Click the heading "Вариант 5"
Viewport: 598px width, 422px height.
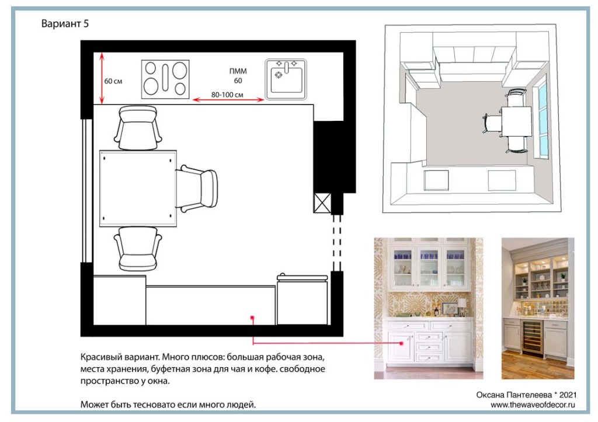pyautogui.click(x=65, y=23)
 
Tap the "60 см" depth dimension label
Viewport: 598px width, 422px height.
pyautogui.click(x=113, y=81)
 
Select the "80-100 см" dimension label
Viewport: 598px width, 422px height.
pyautogui.click(x=227, y=95)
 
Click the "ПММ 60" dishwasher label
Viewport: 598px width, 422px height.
pyautogui.click(x=238, y=75)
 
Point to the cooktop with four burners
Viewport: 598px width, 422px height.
pyautogui.click(x=165, y=79)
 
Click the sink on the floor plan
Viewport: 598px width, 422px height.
pyautogui.click(x=286, y=79)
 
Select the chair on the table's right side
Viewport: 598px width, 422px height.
pyautogui.click(x=197, y=189)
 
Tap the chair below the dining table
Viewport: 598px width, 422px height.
pyautogui.click(x=138, y=249)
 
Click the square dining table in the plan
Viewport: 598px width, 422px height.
pyautogui.click(x=138, y=189)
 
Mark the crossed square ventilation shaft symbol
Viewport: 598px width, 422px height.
pyautogui.click(x=322, y=203)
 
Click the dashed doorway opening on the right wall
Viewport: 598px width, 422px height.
pyautogui.click(x=337, y=242)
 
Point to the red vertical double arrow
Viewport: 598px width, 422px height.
pyautogui.click(x=102, y=79)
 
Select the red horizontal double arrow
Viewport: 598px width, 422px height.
pyautogui.click(x=228, y=100)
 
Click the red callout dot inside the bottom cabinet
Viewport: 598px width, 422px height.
pyautogui.click(x=252, y=317)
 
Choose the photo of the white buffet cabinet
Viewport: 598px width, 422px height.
pyautogui.click(x=428, y=308)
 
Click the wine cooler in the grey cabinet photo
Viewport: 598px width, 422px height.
pyautogui.click(x=532, y=338)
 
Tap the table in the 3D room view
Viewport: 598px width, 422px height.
pyautogui.click(x=516, y=121)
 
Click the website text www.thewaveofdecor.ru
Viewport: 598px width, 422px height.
pyautogui.click(x=533, y=405)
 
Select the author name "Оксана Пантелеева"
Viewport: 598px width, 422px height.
pyautogui.click(x=513, y=395)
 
